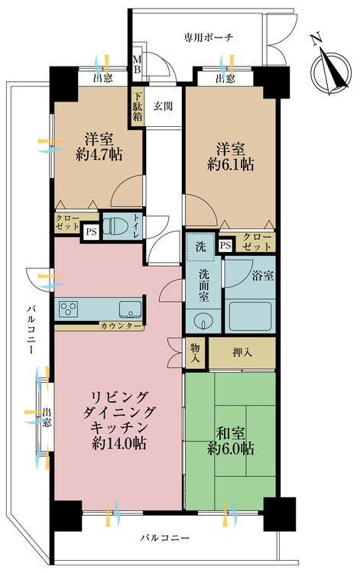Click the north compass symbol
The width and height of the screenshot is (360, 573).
tap(329, 63)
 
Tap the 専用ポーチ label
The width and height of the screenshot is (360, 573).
tap(209, 37)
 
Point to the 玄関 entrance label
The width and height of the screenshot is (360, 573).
tap(164, 106)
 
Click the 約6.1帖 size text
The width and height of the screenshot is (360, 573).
tap(231, 163)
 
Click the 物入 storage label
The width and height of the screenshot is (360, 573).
tap(196, 351)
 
